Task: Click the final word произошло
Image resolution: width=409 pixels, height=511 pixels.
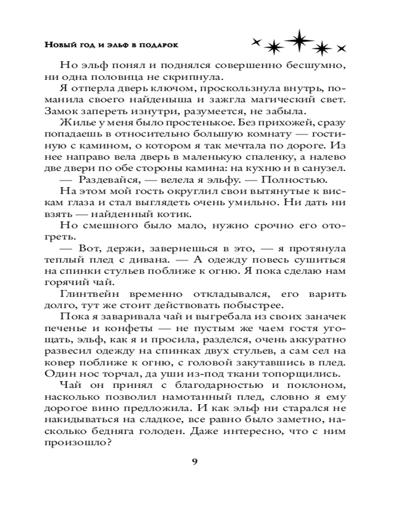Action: coord(85,443)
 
